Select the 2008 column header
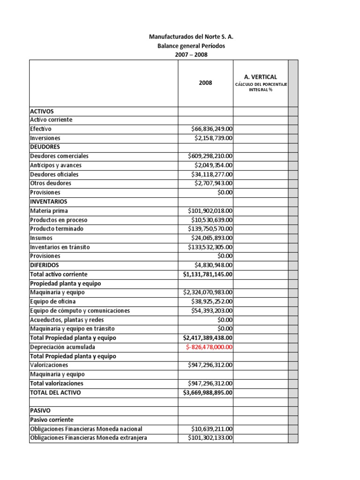(205, 83)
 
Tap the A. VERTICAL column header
(261, 77)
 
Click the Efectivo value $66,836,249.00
(212, 129)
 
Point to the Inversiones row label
(45, 138)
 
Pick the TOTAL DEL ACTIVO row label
(55, 393)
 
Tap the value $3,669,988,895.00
(208, 393)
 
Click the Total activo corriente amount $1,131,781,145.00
(208, 275)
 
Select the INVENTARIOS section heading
(49, 202)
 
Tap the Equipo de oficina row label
(52, 301)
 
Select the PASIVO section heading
(40, 411)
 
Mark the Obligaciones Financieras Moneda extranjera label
(89, 438)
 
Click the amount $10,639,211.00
(212, 429)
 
